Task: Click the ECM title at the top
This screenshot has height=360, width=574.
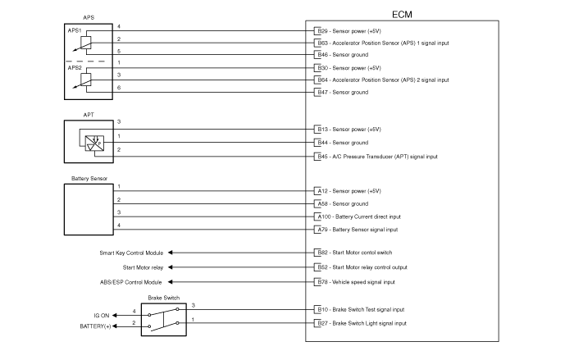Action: pos(402,15)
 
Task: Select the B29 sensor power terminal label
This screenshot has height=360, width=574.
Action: pos(349,31)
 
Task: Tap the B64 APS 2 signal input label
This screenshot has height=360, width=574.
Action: pos(383,80)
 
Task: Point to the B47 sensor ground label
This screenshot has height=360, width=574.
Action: pos(343,93)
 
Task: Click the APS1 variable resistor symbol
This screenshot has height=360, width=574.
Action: pos(84,43)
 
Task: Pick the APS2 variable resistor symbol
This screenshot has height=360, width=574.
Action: pos(84,80)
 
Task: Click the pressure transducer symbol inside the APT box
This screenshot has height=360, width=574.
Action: pos(94,144)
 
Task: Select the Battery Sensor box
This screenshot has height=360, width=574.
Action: pos(89,209)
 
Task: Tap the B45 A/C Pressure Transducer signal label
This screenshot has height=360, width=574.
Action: pos(377,157)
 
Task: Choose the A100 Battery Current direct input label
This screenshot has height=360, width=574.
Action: pos(359,216)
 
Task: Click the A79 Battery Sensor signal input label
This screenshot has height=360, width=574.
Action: pos(358,230)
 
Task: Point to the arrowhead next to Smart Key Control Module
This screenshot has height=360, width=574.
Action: pos(171,253)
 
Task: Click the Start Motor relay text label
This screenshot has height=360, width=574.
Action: pos(143,267)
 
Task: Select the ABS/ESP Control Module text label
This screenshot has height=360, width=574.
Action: pos(130,282)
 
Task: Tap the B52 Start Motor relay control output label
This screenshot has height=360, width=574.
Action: pos(362,267)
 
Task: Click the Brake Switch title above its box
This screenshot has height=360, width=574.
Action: pos(164,298)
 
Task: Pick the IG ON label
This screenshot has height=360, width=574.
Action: pos(102,316)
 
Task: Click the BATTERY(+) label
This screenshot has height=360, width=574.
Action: pos(95,326)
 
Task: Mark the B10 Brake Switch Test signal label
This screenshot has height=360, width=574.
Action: pos(361,309)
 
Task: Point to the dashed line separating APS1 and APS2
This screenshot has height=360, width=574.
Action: pos(85,62)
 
